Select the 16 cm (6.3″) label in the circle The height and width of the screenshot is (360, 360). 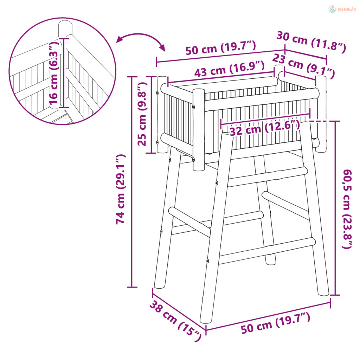pyautogui.click(x=54, y=73)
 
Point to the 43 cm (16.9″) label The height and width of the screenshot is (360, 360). pyautogui.click(x=229, y=69)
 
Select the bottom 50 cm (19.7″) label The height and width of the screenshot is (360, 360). pyautogui.click(x=276, y=323)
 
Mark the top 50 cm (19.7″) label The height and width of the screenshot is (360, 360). pyautogui.click(x=221, y=47)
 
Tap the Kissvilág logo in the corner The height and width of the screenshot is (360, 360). pyautogui.click(x=342, y=9)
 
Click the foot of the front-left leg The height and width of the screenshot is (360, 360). pyautogui.click(x=206, y=320)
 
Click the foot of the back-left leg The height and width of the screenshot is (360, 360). pyautogui.click(x=159, y=286)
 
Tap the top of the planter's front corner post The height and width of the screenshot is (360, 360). pyautogui.click(x=199, y=90)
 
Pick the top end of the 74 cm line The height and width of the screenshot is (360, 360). pyautogui.click(x=132, y=77)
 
